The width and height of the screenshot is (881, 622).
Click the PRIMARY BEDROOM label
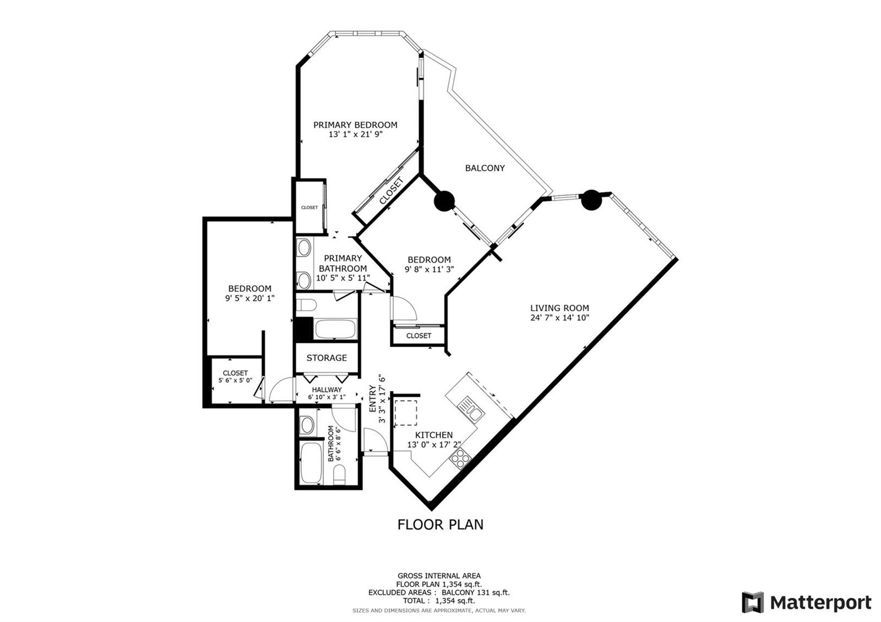(355, 125)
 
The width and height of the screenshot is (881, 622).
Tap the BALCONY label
(485, 168)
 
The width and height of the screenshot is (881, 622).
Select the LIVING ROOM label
(559, 308)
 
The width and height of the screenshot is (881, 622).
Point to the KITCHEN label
(434, 435)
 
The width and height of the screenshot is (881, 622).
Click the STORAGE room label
(327, 358)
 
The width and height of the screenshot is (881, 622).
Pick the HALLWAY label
(327, 390)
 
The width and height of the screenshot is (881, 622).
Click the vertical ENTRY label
(372, 399)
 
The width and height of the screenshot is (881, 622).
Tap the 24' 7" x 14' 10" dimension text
(559, 318)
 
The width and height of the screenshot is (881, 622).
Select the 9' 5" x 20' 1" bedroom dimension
(249, 298)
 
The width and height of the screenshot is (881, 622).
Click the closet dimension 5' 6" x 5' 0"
(235, 380)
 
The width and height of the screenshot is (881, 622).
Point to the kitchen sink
(471, 408)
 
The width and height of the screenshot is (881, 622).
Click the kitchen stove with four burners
(460, 459)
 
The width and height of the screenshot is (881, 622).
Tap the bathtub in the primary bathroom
(335, 329)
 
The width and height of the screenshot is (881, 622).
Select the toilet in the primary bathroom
(306, 305)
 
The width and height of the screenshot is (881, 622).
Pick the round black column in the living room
(591, 200)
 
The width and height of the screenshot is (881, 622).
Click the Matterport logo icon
(752, 602)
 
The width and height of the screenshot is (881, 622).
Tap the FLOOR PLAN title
(440, 525)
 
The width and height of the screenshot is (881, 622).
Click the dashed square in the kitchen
(405, 412)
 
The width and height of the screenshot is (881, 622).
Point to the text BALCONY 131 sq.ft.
(476, 592)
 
